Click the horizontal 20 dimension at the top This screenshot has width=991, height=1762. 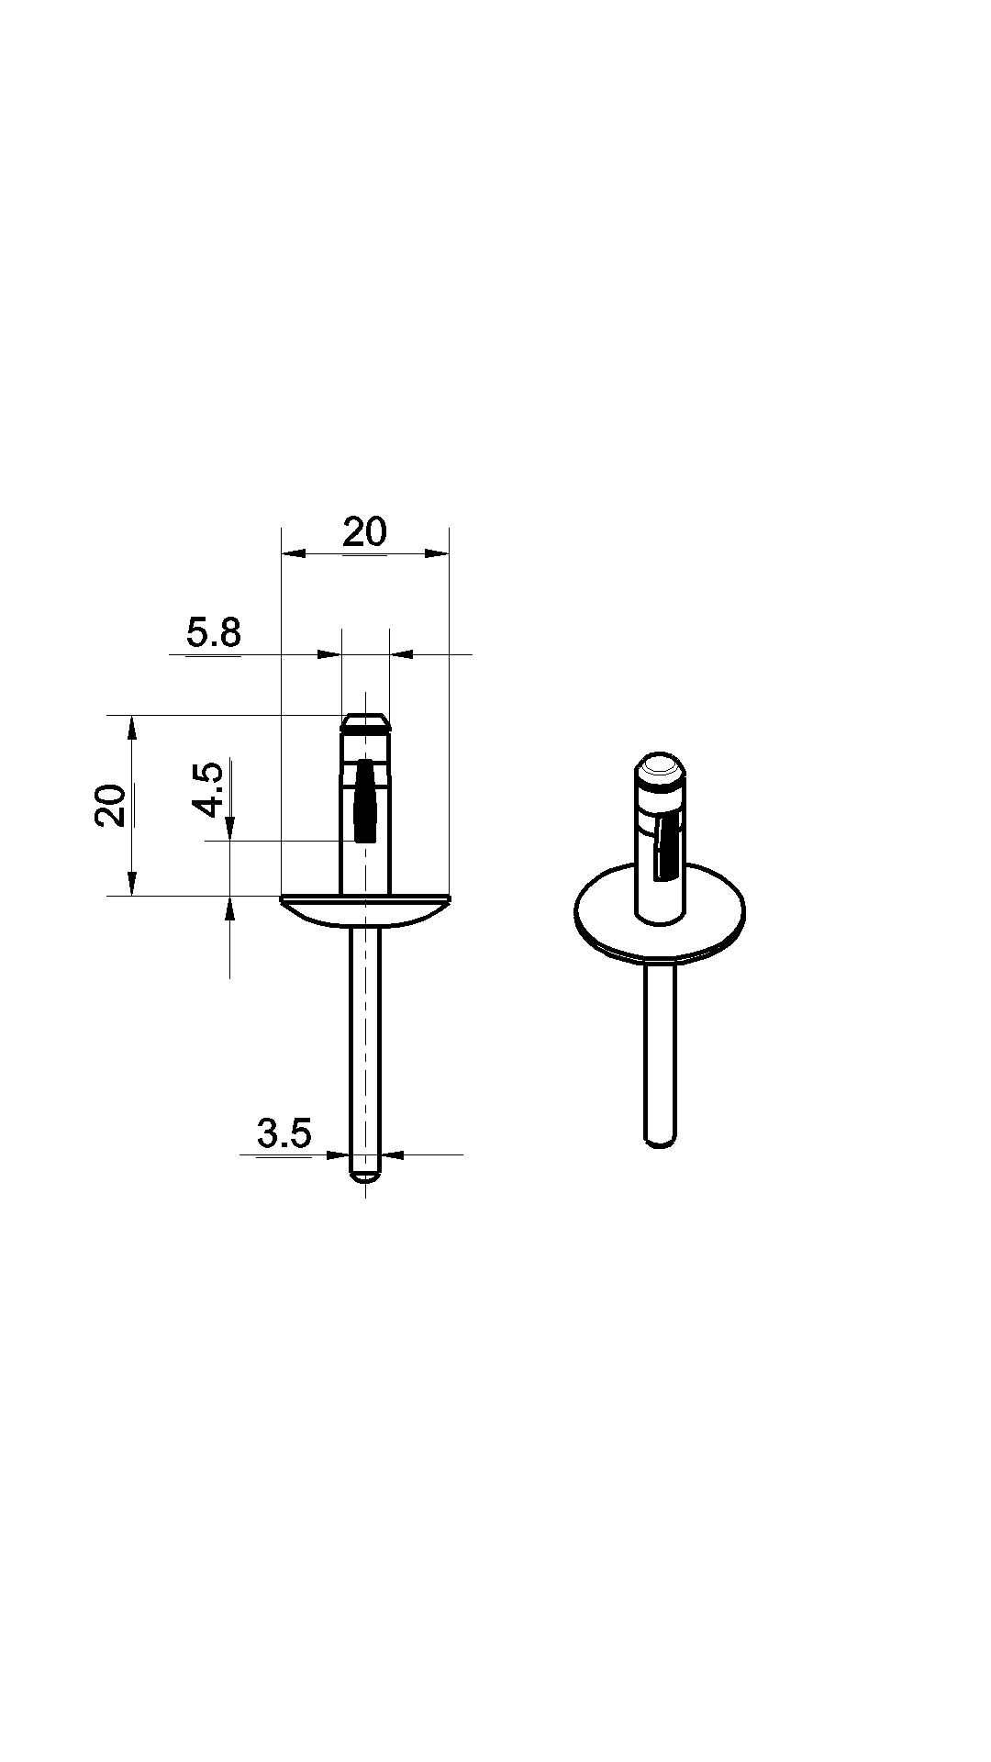[365, 532]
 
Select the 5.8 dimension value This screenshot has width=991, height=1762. [214, 633]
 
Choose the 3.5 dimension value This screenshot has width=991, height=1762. [284, 1134]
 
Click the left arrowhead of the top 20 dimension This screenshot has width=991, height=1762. [293, 553]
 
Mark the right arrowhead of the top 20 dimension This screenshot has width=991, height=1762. [437, 553]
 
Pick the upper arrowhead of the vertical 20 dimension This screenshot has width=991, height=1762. [131, 728]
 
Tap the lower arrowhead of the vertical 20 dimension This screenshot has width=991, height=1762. [131, 882]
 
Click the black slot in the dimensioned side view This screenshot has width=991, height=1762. [365, 800]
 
